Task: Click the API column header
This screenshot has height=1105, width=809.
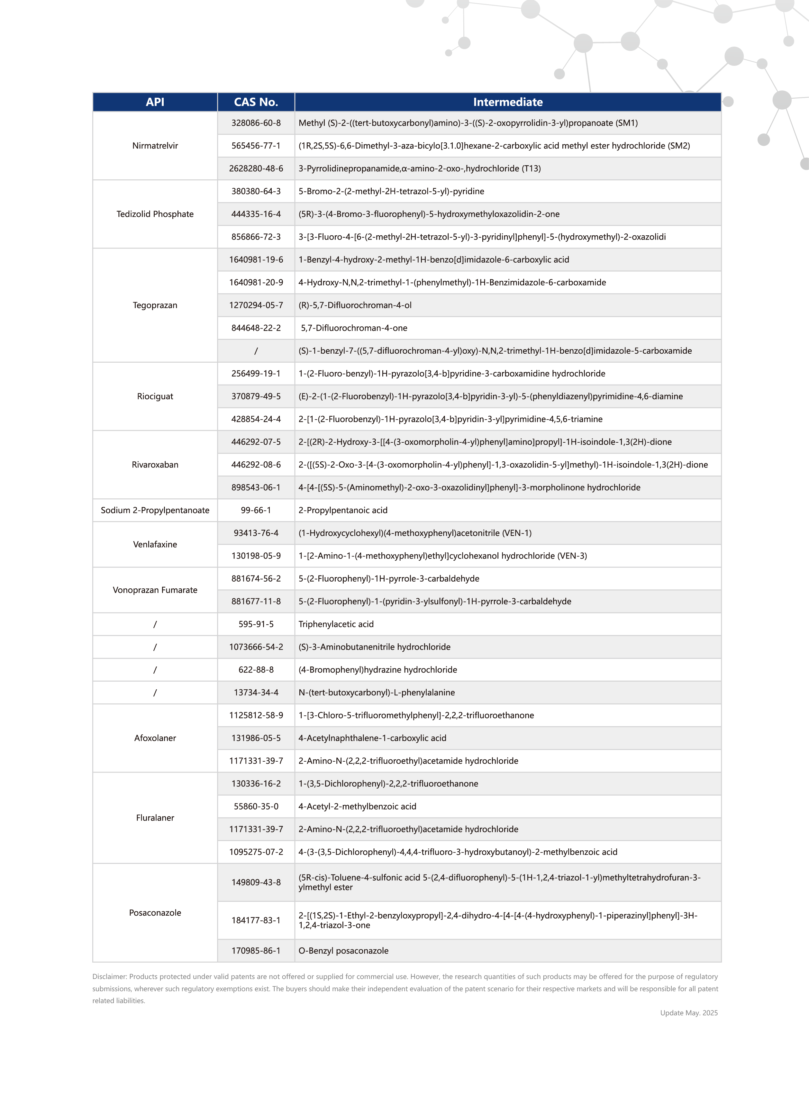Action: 155,102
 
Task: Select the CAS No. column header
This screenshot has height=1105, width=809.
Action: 256,102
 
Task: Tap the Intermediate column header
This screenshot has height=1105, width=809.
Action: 507,102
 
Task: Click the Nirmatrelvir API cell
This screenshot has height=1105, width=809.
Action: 155,145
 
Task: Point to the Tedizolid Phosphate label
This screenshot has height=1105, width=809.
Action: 155,214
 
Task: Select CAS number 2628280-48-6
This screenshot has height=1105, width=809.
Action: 256,168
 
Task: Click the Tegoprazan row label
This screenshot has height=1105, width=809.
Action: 155,305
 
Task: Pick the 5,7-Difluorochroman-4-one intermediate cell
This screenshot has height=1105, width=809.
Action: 354,328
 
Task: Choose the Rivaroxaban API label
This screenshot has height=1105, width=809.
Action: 155,465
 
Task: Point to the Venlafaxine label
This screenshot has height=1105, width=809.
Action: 155,544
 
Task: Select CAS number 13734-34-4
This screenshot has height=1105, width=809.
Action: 256,692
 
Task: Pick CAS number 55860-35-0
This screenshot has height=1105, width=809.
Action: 256,806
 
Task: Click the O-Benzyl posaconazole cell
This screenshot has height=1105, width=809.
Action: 343,951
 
